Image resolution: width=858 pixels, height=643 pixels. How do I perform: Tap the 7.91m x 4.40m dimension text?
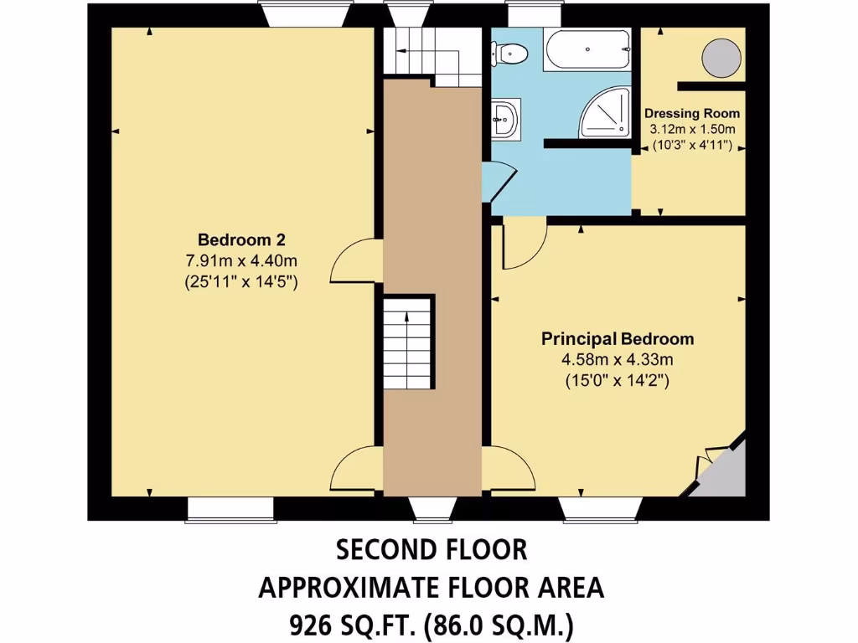click(242, 260)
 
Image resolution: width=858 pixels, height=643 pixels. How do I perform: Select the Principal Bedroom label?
click(618, 339)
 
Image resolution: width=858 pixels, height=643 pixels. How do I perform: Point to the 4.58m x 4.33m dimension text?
click(618, 360)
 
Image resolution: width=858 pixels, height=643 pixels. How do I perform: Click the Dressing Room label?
click(691, 113)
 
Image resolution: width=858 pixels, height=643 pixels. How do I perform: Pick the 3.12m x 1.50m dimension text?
click(693, 129)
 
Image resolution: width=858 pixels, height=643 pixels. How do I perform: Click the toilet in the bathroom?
click(510, 54)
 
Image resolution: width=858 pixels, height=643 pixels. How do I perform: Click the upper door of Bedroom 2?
click(354, 261)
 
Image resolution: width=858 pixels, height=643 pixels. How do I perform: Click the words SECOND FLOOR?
click(432, 550)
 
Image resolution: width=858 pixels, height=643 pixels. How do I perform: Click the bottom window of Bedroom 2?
click(230, 508)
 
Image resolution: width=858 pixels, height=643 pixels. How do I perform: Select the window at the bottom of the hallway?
click(432, 507)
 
